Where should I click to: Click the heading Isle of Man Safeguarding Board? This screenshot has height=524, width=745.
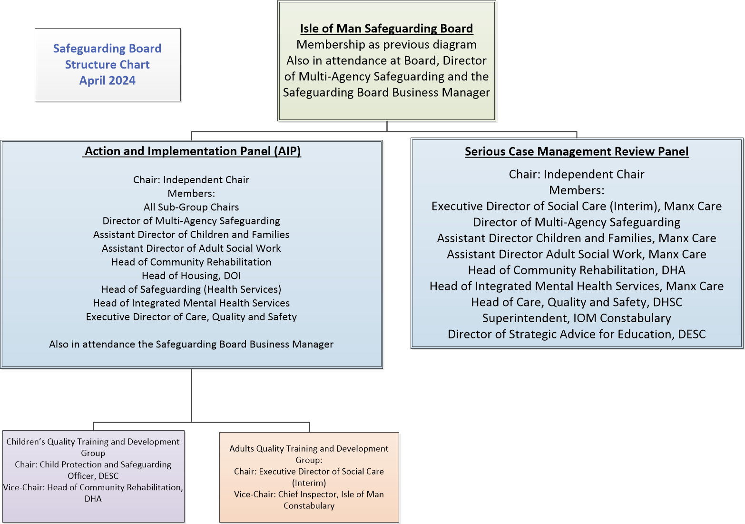tap(386, 29)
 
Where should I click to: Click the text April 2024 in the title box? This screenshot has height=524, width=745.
tap(108, 80)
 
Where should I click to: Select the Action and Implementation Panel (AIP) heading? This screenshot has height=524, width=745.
tap(192, 151)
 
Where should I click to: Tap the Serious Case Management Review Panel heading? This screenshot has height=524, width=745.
tap(577, 151)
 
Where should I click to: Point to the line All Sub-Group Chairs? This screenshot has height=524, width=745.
tap(191, 207)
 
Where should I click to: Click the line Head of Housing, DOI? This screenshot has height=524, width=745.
tap(191, 276)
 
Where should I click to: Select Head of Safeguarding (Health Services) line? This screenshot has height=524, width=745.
tap(191, 289)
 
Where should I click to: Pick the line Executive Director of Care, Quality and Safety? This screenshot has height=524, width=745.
tap(191, 316)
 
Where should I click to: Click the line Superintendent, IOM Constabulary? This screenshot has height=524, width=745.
tap(577, 318)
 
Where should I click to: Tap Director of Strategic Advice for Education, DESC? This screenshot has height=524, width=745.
tap(577, 334)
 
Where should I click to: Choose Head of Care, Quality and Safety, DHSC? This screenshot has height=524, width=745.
tap(577, 302)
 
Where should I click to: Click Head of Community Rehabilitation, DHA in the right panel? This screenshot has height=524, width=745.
tap(577, 270)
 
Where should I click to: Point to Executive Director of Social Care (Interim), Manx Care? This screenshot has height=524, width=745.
tap(577, 206)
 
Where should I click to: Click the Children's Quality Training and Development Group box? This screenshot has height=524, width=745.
tap(93, 476)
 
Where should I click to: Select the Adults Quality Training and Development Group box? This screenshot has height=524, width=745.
tap(309, 477)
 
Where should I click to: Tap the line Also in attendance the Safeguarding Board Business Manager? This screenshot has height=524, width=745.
tap(191, 344)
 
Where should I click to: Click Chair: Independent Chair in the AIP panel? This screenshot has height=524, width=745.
tap(191, 179)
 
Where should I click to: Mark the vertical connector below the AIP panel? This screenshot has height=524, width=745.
tap(192, 395)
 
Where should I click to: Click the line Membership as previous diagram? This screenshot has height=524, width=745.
tap(386, 45)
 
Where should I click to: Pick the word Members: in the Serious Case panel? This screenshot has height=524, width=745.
tap(577, 190)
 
